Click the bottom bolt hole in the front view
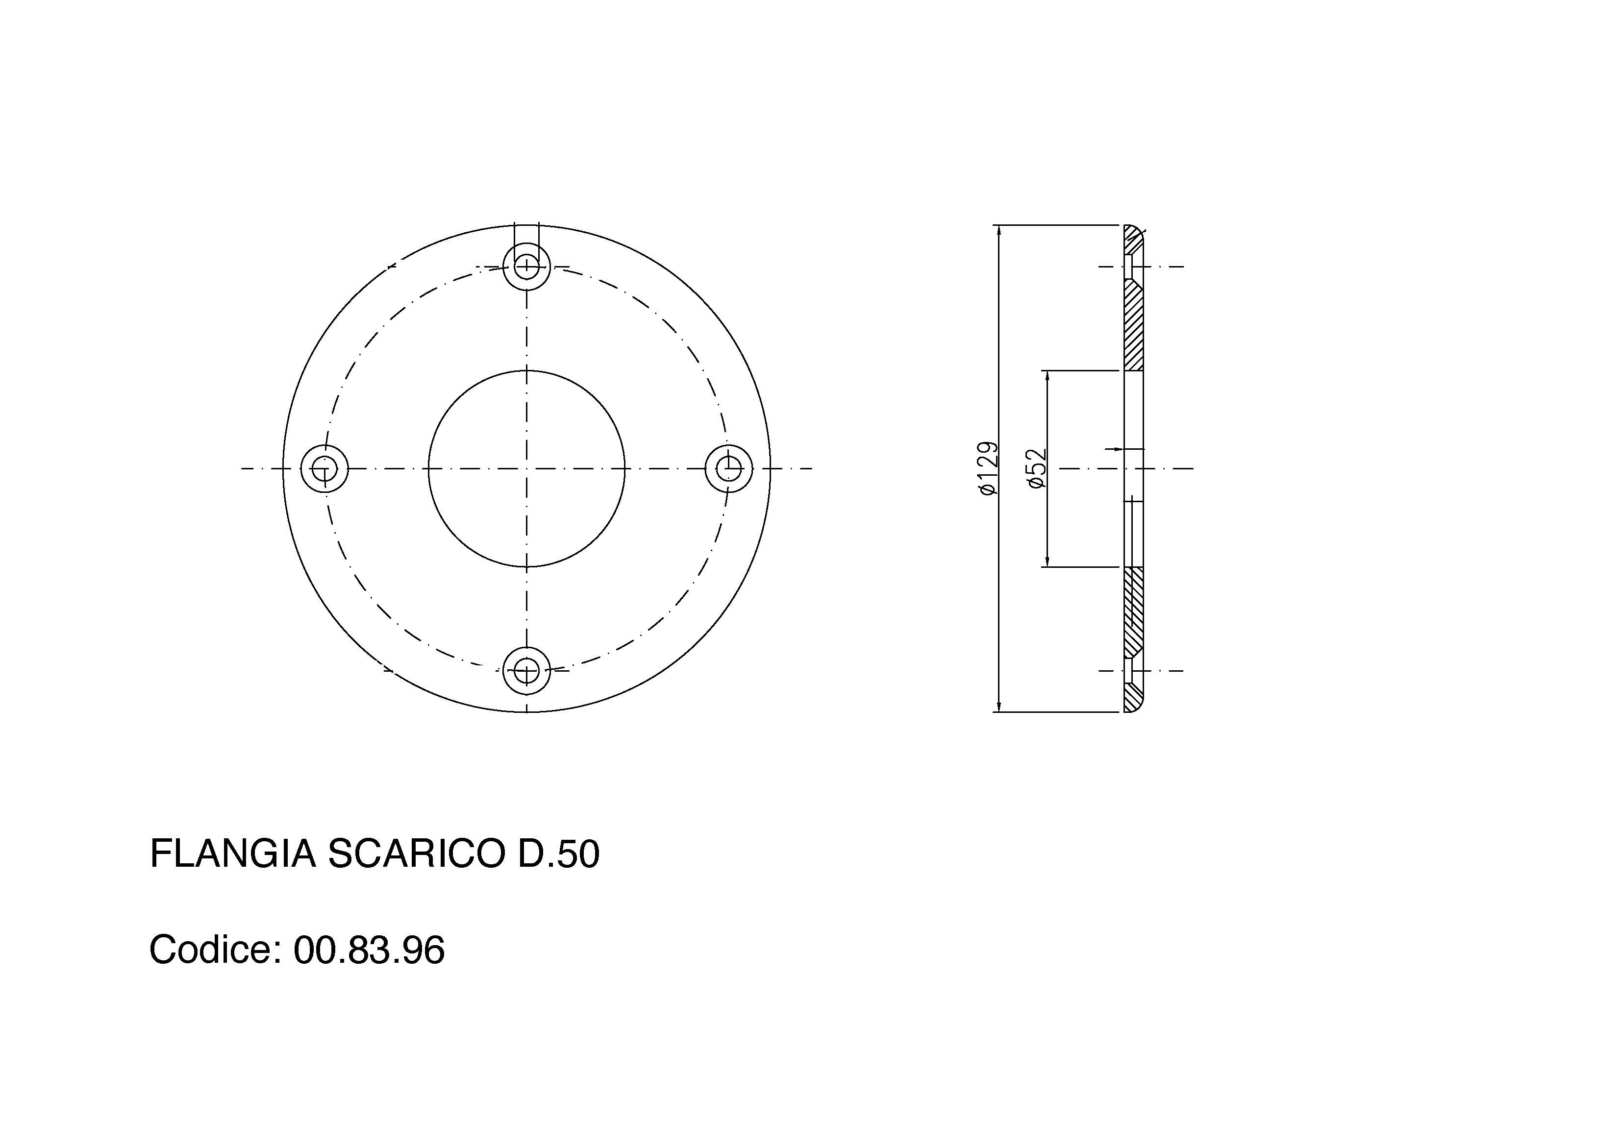click(x=526, y=670)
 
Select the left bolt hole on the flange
click(x=324, y=468)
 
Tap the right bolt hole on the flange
click(x=729, y=467)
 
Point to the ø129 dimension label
click(x=989, y=468)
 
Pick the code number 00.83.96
click(x=369, y=949)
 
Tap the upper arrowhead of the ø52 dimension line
click(x=1048, y=376)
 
